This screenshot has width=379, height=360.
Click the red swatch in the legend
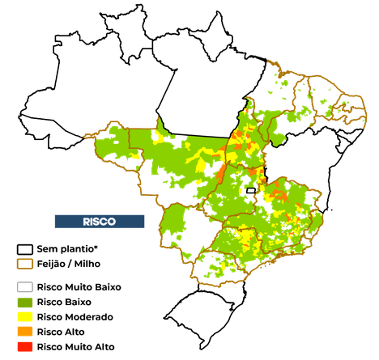[x=25, y=347]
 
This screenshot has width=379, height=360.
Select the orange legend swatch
[x=25, y=332]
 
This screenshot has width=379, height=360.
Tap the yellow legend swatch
[x=25, y=316]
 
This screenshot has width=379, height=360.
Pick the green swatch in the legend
[x=25, y=302]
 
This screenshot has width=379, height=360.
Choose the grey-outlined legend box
[x=25, y=286]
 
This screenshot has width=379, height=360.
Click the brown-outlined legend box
[x=25, y=264]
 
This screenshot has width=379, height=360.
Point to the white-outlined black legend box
[x=25, y=249]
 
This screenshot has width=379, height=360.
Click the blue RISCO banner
[x=100, y=221]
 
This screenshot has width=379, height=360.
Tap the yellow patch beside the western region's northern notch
[x=159, y=136]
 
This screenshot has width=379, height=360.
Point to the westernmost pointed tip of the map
[x=83, y=136]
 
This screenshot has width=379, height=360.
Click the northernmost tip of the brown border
[x=270, y=58]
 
